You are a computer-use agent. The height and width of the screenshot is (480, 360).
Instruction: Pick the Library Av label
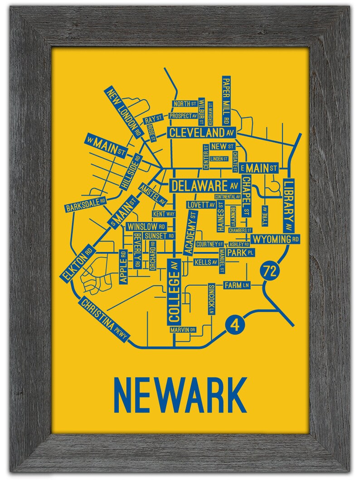click(289, 205)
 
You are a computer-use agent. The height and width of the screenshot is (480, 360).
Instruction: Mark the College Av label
click(175, 291)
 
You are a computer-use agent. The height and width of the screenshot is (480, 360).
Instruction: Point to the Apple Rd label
click(123, 267)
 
